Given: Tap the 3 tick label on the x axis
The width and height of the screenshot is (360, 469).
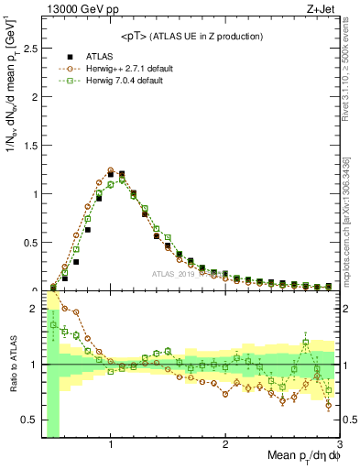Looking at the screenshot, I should [339, 446].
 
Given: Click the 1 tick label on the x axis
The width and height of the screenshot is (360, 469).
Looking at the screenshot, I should [111, 446].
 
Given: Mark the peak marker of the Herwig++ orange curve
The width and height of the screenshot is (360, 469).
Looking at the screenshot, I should [111, 170].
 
